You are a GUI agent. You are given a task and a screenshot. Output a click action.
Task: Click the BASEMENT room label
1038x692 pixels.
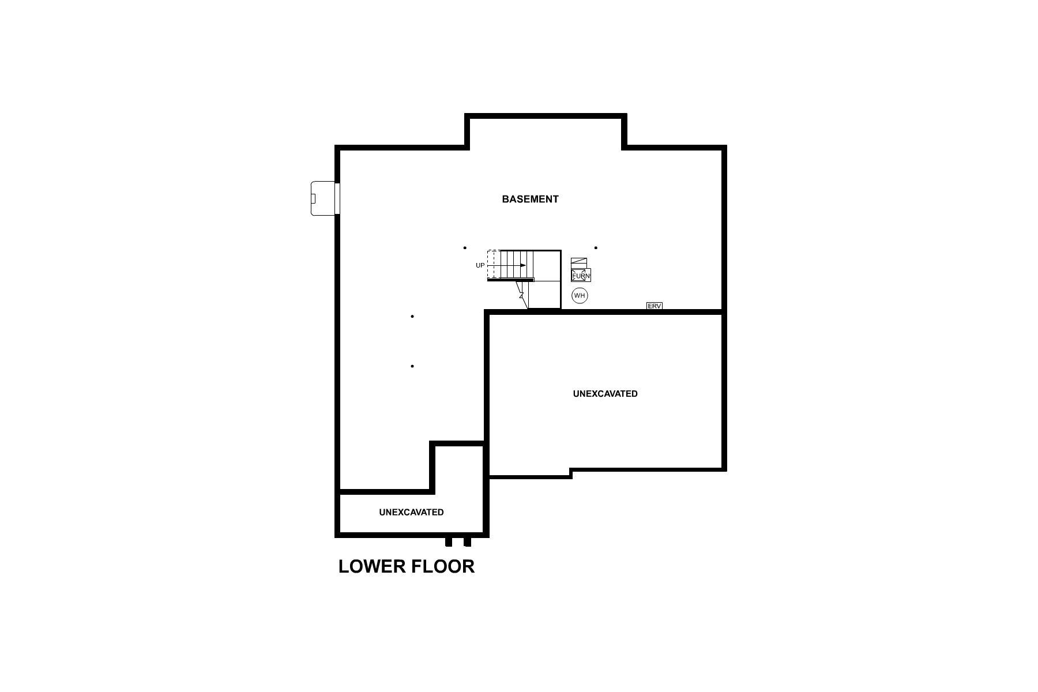(530, 199)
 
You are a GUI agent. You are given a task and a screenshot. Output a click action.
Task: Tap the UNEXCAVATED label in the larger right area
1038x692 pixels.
(605, 394)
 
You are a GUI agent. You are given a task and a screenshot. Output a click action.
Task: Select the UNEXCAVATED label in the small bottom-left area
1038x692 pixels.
(411, 512)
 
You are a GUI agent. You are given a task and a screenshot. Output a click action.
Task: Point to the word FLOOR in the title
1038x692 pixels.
(443, 566)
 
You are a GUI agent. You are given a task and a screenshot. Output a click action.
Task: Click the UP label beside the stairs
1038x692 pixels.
(480, 265)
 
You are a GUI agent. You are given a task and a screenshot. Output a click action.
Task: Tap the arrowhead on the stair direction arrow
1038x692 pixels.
(523, 265)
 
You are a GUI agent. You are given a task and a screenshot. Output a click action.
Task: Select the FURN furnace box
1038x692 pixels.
(581, 275)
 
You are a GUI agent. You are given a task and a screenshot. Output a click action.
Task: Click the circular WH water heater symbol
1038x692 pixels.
(580, 296)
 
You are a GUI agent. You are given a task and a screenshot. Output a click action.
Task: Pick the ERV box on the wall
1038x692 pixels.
(654, 306)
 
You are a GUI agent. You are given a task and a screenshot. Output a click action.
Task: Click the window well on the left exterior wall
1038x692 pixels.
(323, 198)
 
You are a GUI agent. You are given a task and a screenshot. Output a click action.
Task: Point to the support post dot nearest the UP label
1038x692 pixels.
(465, 248)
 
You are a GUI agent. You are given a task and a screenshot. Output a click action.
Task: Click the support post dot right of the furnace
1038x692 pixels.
(596, 248)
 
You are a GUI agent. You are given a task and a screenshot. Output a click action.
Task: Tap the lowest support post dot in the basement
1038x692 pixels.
(412, 366)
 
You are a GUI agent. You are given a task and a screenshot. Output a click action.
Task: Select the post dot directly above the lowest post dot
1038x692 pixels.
(412, 317)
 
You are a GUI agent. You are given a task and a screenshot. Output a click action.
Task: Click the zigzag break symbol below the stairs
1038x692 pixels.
(522, 295)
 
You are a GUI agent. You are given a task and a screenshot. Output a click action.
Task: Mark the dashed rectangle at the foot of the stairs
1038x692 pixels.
(493, 265)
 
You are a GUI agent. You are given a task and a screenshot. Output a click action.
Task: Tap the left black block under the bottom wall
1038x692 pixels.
(449, 542)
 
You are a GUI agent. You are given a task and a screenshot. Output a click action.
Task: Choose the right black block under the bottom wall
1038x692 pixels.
(467, 542)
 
